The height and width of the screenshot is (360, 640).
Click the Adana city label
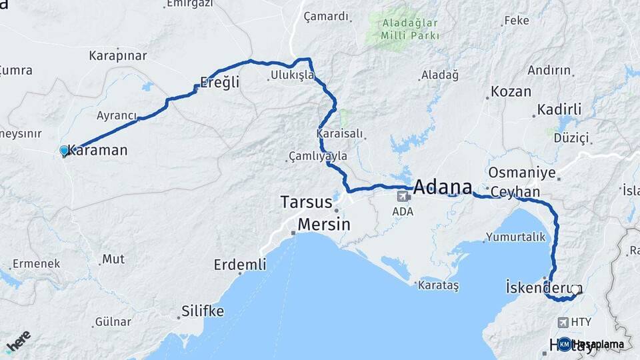(x=443, y=187)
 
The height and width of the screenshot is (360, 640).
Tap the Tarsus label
(x=306, y=201)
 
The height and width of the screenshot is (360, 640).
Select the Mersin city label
(x=324, y=224)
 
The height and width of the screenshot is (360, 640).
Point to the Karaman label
(x=97, y=151)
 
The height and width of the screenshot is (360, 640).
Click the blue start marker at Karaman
(x=64, y=151)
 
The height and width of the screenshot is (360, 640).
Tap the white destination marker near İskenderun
(x=575, y=290)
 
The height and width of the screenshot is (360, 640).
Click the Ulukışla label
(x=292, y=75)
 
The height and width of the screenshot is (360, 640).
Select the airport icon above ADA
(x=403, y=196)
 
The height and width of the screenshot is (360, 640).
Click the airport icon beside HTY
(x=564, y=323)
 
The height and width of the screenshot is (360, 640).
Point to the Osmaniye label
(x=522, y=173)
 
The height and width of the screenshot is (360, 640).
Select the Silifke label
(x=203, y=311)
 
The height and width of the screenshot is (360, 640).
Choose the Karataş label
(x=438, y=285)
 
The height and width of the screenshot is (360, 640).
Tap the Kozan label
(x=511, y=92)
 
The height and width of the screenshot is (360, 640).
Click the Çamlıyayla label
(x=318, y=156)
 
